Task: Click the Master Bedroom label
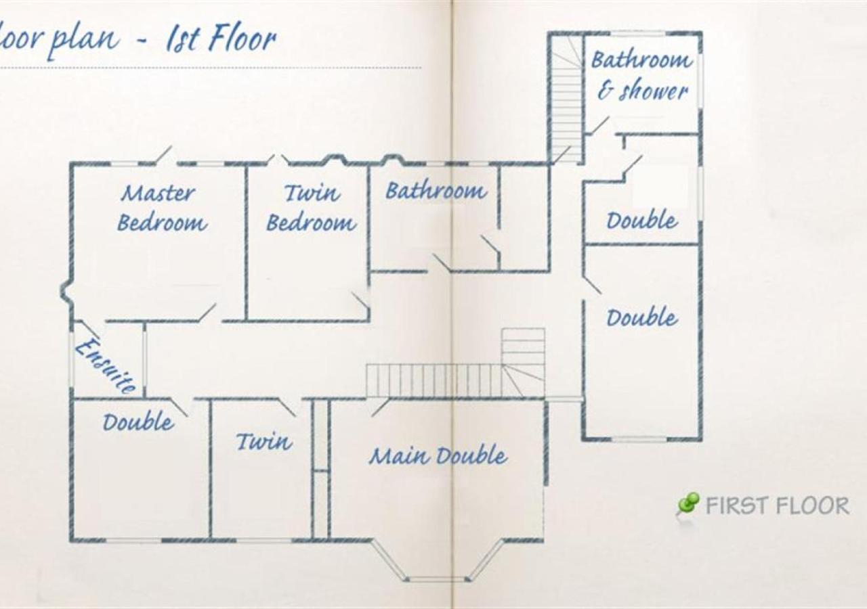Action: coord(162,208)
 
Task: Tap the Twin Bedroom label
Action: coord(311,208)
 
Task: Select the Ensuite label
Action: coord(105,366)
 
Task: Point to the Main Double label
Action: coord(438,456)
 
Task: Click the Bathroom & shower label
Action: coord(641,76)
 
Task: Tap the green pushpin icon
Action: coord(688,505)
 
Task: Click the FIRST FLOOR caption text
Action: coord(777,506)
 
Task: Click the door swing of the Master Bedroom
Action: coord(207,313)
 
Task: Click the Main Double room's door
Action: coord(380,407)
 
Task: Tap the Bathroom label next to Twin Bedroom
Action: coord(436,191)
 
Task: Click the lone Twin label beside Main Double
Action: coord(264,441)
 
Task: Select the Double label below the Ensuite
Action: coord(138,422)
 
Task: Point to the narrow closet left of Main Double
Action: coord(320,469)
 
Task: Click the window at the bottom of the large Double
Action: coord(640,439)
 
